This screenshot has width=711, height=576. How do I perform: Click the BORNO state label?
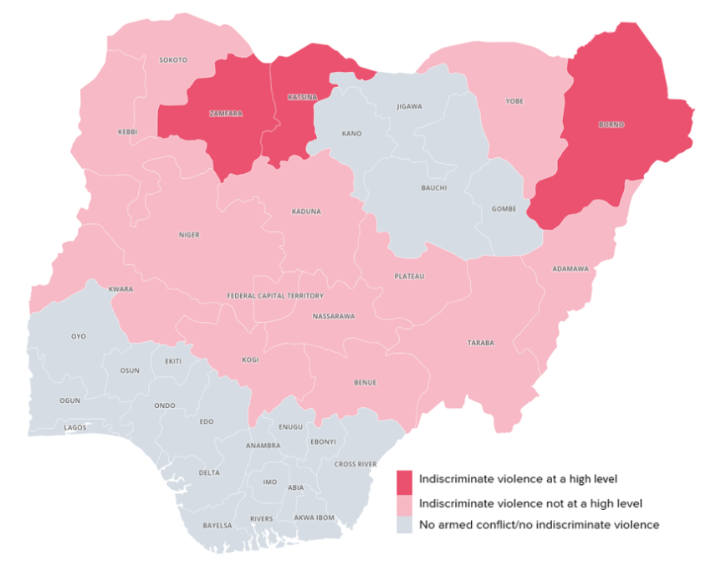(611, 125)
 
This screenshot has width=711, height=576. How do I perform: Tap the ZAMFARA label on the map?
(226, 114)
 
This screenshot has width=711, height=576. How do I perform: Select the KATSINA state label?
(302, 97)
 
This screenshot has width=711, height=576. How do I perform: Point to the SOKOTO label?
(173, 60)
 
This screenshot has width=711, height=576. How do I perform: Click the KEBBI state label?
(128, 132)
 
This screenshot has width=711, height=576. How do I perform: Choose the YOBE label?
(514, 101)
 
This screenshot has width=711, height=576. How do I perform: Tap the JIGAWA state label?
(410, 106)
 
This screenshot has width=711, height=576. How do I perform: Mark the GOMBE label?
(504, 208)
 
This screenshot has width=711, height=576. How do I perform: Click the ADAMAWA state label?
(570, 268)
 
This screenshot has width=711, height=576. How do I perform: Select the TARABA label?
(481, 343)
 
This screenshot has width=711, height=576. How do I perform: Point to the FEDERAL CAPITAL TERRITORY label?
(275, 296)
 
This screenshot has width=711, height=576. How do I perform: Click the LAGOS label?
(75, 427)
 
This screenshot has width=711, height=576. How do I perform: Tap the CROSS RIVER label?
(355, 464)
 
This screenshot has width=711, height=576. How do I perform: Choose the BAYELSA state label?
(217, 526)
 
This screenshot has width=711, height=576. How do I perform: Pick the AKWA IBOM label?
(315, 517)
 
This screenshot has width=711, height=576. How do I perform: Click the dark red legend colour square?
(405, 482)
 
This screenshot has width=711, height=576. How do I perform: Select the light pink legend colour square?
(405, 504)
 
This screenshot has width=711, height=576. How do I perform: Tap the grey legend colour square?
(405, 525)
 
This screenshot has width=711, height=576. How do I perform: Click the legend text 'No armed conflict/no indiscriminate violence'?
(539, 525)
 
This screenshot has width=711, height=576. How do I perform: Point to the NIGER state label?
(189, 235)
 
